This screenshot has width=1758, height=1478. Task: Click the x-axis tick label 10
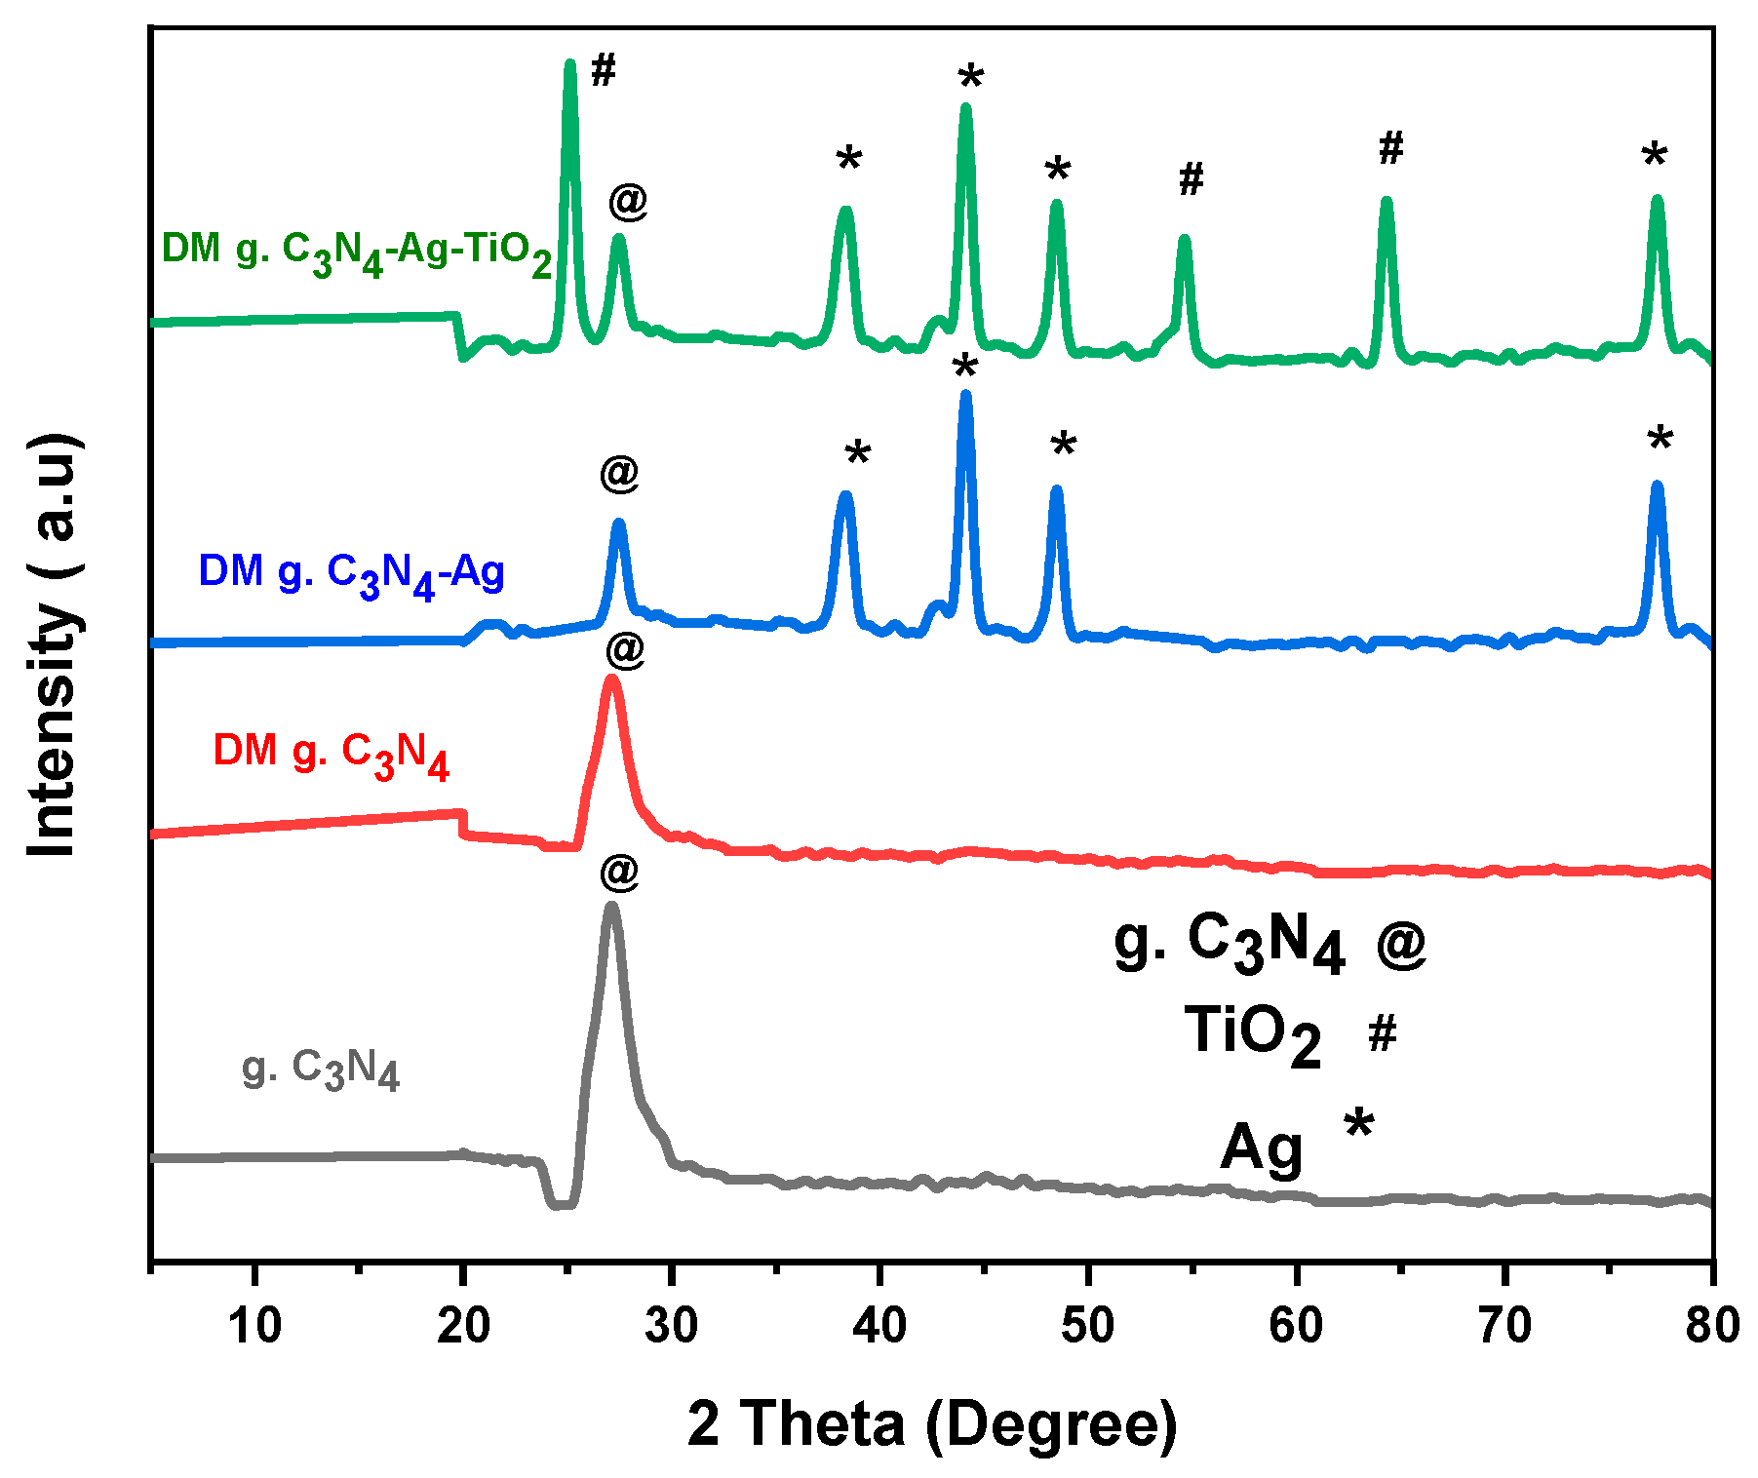[254, 1326]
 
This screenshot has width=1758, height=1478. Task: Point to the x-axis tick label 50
[1087, 1326]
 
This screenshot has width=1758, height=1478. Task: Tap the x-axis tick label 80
[1711, 1326]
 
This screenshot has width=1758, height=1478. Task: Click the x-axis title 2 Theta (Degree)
[932, 1424]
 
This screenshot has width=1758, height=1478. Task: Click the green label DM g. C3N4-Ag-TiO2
[357, 253]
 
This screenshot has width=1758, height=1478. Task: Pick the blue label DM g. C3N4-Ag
[351, 573]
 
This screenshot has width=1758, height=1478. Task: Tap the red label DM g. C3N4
[331, 754]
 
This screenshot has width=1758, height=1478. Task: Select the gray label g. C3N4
[320, 1069]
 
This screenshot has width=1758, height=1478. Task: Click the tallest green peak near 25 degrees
[570, 64]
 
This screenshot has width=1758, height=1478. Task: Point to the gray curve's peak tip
[612, 907]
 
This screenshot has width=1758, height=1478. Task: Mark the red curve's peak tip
[611, 679]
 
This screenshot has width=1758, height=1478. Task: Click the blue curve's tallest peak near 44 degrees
[965, 395]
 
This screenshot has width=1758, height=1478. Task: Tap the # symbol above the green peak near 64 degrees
[1391, 148]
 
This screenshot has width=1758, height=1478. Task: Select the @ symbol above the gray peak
[619, 870]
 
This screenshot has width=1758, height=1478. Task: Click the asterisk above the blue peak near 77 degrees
[1660, 440]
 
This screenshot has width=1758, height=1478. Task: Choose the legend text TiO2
[1252, 1033]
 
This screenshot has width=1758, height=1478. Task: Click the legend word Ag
[1261, 1148]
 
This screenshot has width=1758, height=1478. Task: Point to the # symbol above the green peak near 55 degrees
[1192, 178]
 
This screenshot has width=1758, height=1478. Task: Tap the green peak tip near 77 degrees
[1656, 200]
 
